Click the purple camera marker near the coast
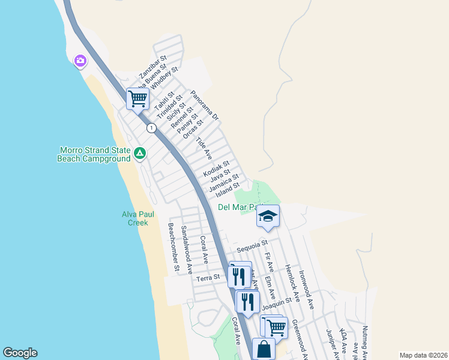80,61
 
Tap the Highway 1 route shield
151,128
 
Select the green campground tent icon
139,154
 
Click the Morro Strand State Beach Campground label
94,154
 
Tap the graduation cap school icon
268,217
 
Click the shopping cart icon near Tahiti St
137,98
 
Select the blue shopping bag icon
264,349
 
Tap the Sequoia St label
252,246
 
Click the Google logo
20,353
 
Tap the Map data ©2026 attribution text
423,355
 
